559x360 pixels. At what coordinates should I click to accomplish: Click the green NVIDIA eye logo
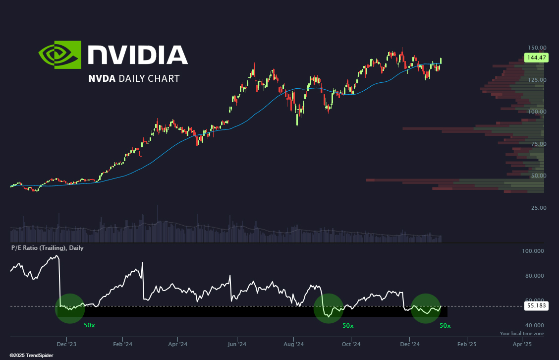(60, 55)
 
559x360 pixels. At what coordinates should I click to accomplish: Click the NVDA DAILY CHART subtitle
(134, 78)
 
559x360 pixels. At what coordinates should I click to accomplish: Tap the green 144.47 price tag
(536, 58)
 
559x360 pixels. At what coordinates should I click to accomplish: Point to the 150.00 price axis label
(537, 48)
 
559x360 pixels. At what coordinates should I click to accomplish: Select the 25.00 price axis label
(539, 208)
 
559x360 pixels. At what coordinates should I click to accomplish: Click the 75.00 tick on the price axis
(539, 144)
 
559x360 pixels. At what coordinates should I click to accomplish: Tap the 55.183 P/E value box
(536, 306)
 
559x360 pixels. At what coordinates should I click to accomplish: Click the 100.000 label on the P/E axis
(533, 251)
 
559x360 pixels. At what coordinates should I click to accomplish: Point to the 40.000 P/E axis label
(534, 325)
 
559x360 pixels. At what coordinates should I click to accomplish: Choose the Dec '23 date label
(67, 344)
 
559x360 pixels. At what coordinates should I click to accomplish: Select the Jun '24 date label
(237, 344)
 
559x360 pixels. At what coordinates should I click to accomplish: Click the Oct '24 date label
(351, 344)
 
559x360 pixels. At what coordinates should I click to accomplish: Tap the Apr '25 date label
(522, 344)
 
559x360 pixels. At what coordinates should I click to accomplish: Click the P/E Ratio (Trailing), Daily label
(48, 247)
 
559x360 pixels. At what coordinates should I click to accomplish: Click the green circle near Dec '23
(70, 308)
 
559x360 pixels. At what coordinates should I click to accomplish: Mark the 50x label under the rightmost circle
(445, 326)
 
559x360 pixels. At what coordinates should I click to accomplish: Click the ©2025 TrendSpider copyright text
(31, 356)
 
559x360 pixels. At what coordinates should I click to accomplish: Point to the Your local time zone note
(522, 334)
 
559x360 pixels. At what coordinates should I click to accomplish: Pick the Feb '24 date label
(122, 344)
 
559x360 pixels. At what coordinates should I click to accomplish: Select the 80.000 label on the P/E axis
(534, 275)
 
